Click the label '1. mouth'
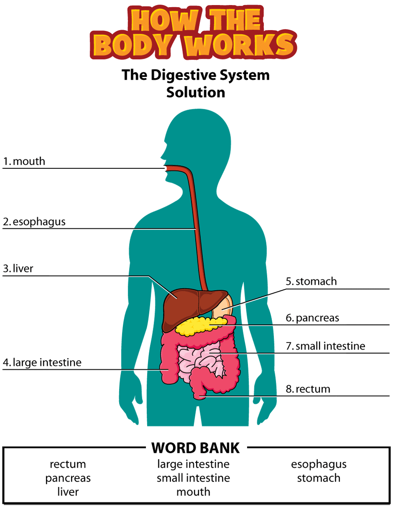(24, 161)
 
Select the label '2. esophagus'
(34, 222)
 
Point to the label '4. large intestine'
(42, 363)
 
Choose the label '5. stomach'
(311, 281)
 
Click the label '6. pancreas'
(312, 318)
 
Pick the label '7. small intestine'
(325, 346)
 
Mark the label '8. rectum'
(308, 389)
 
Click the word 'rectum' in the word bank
(68, 464)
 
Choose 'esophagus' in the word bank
(319, 464)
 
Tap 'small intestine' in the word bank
(193, 478)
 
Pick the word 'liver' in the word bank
(68, 492)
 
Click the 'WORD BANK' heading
(196, 448)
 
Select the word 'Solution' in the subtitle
(196, 92)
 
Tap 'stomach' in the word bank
(319, 478)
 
